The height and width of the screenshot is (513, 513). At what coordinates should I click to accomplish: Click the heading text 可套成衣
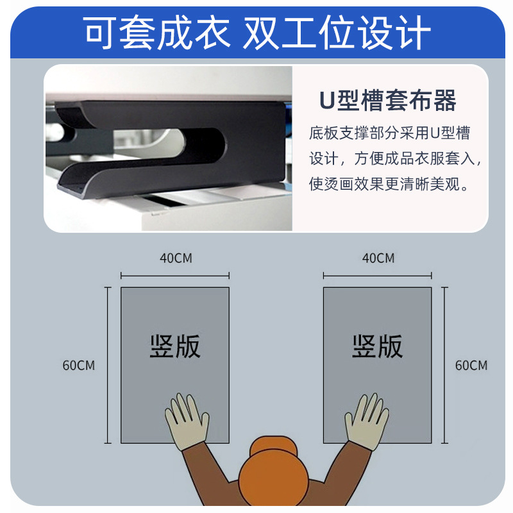click(x=156, y=31)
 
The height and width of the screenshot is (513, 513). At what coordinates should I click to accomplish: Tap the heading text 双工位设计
click(x=336, y=31)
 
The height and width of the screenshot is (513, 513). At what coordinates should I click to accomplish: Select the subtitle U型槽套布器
click(x=389, y=101)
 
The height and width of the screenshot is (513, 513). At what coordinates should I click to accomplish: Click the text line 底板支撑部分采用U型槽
click(x=389, y=133)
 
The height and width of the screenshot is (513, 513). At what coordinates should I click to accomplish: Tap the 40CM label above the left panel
click(x=175, y=258)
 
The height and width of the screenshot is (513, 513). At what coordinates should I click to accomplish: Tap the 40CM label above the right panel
click(x=378, y=258)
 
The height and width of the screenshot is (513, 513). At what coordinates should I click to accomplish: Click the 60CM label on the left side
click(x=79, y=366)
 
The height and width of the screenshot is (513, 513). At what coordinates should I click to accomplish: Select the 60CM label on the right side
click(x=471, y=366)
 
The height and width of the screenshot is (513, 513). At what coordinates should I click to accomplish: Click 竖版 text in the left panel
click(x=175, y=346)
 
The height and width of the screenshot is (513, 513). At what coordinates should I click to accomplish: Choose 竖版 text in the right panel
click(x=378, y=346)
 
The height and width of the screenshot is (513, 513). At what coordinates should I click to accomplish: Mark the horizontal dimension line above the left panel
click(x=175, y=276)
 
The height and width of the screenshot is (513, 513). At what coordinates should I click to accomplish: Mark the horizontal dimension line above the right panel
click(x=378, y=276)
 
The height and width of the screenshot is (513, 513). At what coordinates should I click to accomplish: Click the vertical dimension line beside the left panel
click(x=106, y=366)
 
